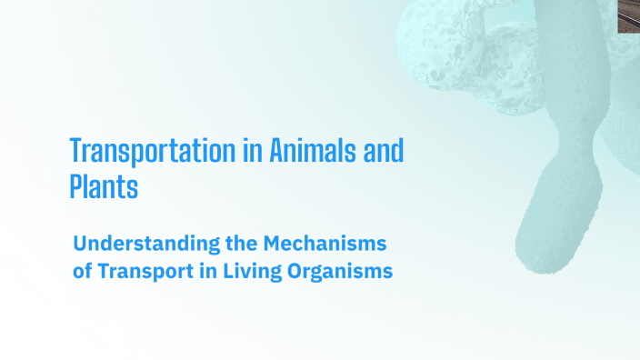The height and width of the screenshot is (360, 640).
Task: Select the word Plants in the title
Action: pos(104,187)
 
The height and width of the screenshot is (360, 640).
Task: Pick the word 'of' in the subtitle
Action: pos(82,271)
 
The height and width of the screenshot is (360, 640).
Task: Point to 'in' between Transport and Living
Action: pos(204,271)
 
